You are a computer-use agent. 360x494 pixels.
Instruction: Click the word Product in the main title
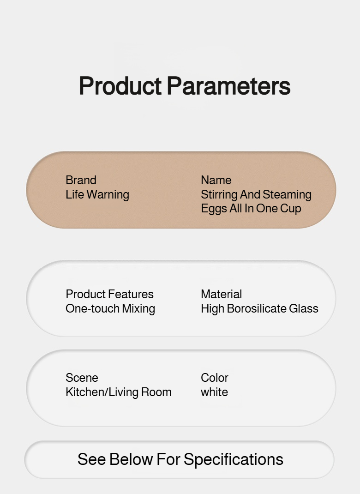[120, 86]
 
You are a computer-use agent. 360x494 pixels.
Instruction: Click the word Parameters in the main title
[228, 86]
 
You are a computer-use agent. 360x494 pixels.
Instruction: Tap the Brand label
[81, 180]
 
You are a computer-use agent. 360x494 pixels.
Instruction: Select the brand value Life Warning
[97, 195]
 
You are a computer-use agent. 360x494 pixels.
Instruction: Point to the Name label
[216, 180]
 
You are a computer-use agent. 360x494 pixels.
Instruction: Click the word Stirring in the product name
[219, 195]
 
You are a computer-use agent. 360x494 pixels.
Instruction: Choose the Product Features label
[109, 294]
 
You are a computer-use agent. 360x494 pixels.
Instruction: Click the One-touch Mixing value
[110, 309]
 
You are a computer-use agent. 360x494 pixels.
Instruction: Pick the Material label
[222, 294]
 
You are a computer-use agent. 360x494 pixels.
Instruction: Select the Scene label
[82, 378]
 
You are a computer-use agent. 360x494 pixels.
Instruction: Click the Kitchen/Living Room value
[119, 392]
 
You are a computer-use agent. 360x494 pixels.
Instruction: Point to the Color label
[215, 378]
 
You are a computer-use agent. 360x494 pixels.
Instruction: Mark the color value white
[214, 392]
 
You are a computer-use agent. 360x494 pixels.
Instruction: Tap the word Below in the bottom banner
[131, 459]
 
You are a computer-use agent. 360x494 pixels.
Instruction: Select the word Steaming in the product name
[287, 195]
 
